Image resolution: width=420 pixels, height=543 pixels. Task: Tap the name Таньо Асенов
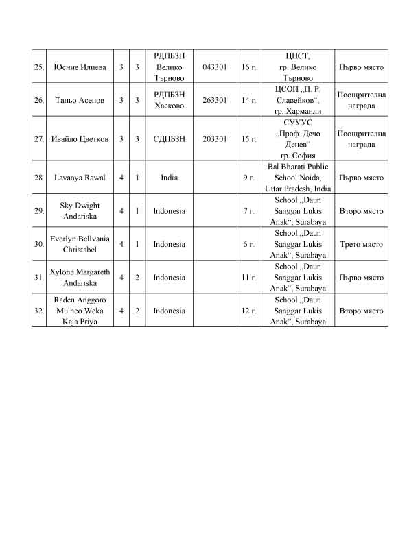79,100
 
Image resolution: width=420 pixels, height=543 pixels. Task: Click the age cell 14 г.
249,100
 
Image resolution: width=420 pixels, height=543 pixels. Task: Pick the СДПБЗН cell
170,138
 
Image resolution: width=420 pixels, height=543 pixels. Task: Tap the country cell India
170,178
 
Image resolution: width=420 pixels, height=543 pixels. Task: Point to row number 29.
38,211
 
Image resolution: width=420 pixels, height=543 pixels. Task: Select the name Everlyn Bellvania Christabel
80,244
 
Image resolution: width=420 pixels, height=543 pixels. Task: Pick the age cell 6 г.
249,244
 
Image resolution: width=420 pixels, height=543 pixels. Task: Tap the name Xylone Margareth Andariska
80,278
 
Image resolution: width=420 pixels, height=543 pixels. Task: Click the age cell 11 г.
249,278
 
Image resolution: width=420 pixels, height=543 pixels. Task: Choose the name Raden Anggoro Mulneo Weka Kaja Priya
80,311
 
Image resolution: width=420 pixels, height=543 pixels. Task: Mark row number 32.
38,311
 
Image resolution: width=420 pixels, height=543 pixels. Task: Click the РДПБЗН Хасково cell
170,100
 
